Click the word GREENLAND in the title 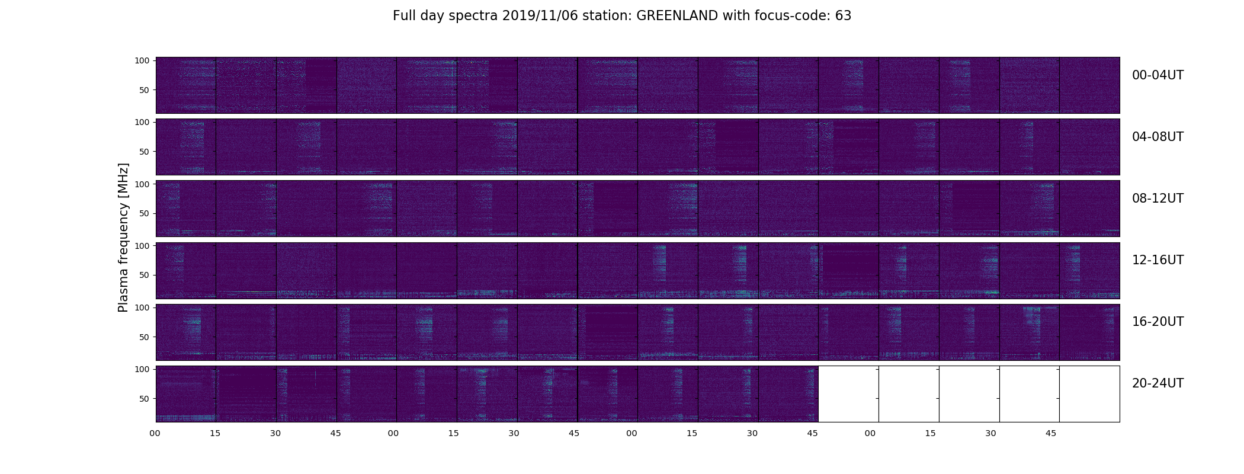tap(678, 16)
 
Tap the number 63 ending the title tap(844, 16)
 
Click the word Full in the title tap(404, 16)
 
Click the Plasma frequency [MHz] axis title tap(123, 238)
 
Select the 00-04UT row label tap(1158, 75)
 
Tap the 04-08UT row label tap(1158, 137)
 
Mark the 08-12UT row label tap(1158, 198)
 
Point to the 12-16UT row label tap(1158, 260)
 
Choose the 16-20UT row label tap(1158, 322)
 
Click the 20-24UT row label tap(1158, 383)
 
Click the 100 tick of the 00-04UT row tap(142, 60)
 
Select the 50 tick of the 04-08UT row tap(145, 152)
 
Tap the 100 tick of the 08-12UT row tap(142, 184)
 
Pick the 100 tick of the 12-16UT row tap(142, 246)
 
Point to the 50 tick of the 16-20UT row tap(145, 337)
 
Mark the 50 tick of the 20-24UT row tap(145, 399)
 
